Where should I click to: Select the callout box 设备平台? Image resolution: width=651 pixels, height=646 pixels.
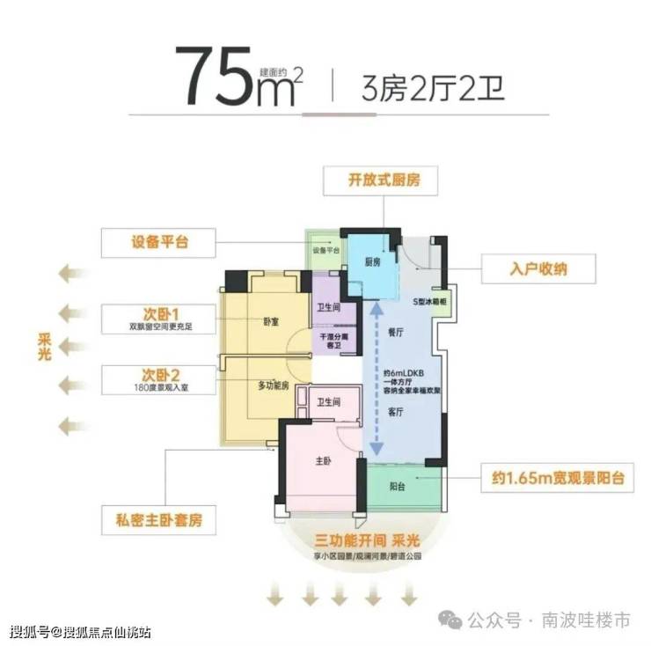tap(158, 241)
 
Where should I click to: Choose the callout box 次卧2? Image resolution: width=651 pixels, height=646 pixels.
tap(158, 379)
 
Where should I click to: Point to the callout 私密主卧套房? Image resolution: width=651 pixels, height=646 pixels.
tap(158, 521)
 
